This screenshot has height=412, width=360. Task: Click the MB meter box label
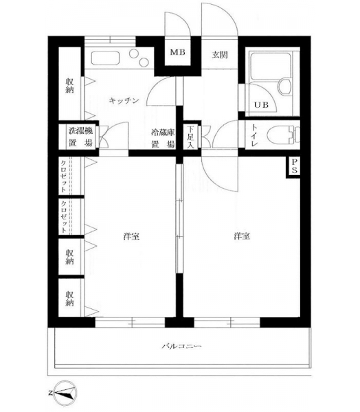[x=177, y=52]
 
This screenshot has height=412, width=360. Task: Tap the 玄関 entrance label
[x=220, y=55]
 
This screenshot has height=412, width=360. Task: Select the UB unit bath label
[x=261, y=105]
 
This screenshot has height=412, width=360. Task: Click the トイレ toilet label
[x=255, y=135]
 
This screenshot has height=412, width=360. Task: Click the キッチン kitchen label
[x=124, y=100]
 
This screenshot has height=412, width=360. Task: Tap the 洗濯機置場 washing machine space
[x=81, y=137]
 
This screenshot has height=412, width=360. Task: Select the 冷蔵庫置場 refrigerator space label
[x=163, y=138]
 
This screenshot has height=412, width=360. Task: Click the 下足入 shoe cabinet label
[x=191, y=137]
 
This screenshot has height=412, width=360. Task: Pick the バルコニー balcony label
[x=181, y=346]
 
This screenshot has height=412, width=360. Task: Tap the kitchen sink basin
[x=105, y=58]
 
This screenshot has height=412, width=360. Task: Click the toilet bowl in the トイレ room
[x=280, y=135]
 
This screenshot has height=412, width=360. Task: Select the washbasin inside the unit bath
[x=284, y=87]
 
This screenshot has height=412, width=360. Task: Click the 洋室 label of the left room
[x=131, y=236]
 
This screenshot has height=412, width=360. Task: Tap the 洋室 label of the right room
[x=242, y=236]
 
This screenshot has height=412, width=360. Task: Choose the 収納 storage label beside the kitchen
[x=69, y=85]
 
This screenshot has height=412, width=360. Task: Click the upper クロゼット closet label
[x=63, y=176]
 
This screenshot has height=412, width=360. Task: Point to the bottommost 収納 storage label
[x=69, y=298]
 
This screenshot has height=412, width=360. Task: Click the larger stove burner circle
[x=134, y=54]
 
